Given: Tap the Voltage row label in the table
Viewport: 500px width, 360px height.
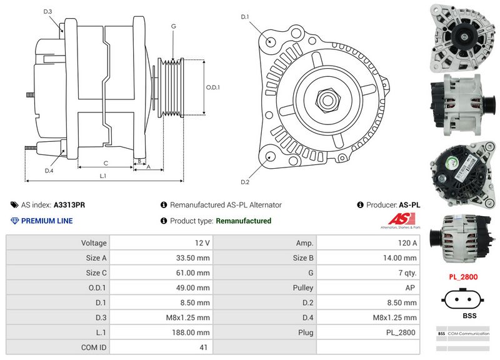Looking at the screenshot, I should coord(94,242).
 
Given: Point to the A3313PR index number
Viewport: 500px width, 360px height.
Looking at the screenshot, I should coord(69,205).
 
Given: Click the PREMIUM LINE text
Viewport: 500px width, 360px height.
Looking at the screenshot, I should coord(47,221).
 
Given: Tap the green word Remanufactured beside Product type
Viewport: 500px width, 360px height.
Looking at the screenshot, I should coord(243,221).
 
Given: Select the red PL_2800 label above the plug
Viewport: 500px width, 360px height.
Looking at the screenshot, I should coord(463,276).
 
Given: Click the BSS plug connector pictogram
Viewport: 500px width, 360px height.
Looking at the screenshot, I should coord(463,298).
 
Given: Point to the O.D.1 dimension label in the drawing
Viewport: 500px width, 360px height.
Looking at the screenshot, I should coord(213,87).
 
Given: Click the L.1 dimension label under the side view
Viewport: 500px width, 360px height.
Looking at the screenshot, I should coord(103,176).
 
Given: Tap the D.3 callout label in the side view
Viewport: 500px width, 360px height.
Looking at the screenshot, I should coord(47,12).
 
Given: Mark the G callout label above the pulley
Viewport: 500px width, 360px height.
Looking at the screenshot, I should coord(173,26).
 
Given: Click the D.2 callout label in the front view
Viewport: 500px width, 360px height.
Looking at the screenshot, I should coord(245,182).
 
